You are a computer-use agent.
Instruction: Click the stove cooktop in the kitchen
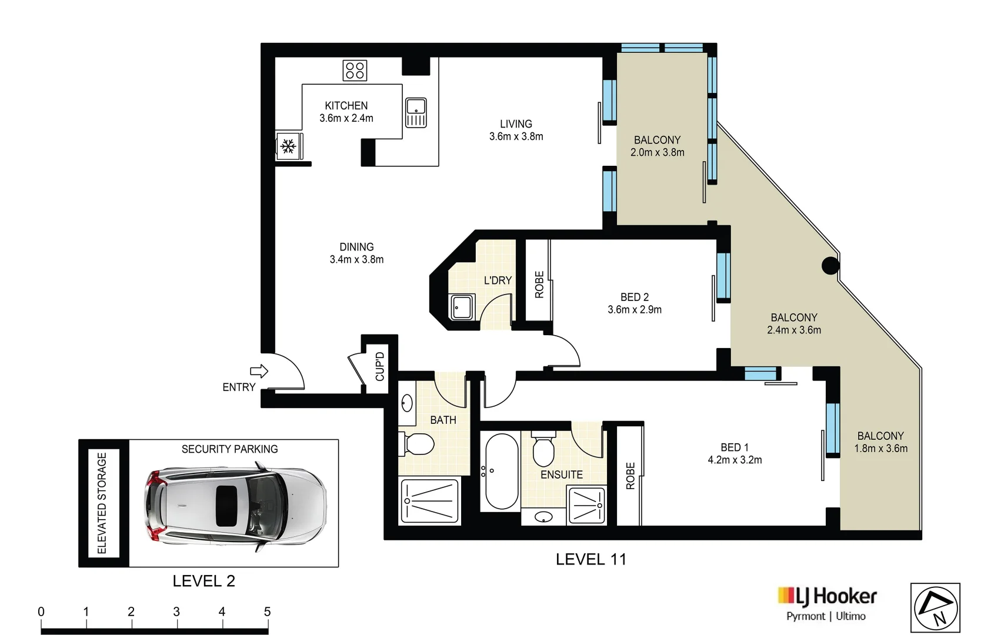(x=355, y=71)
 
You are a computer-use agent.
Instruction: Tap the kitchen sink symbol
(x=416, y=113)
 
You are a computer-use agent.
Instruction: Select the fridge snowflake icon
(x=288, y=146)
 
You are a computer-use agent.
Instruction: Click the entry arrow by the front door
(x=259, y=371)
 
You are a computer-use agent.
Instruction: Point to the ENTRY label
(x=239, y=387)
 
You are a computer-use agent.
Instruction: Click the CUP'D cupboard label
(x=380, y=366)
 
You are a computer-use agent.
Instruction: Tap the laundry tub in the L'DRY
(x=462, y=307)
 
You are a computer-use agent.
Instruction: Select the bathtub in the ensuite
(x=502, y=471)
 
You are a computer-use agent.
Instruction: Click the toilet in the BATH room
(x=416, y=444)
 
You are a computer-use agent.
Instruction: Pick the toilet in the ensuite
(x=543, y=449)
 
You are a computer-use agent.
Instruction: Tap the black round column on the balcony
(x=830, y=266)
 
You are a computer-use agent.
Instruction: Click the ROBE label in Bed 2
(x=539, y=285)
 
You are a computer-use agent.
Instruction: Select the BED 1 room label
(x=735, y=447)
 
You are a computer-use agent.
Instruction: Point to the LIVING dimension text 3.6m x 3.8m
(x=516, y=137)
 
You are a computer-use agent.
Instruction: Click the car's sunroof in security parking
(x=226, y=506)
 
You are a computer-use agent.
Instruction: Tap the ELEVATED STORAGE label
(x=102, y=503)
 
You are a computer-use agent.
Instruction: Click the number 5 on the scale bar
(x=267, y=611)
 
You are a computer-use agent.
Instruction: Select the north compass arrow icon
(x=935, y=607)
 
